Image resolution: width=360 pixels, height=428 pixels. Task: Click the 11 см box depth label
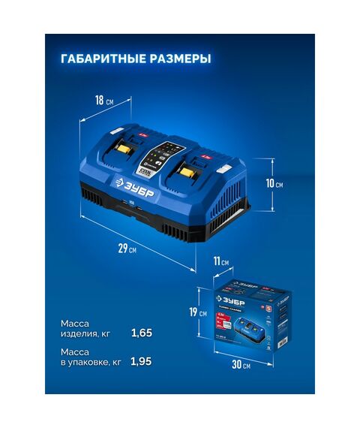point(221,261)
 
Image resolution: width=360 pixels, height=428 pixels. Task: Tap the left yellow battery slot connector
point(124,152)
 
